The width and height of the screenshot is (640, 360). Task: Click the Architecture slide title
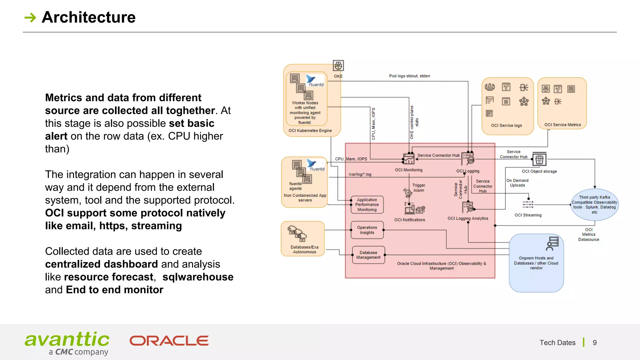89,17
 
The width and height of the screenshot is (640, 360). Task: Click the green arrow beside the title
30,17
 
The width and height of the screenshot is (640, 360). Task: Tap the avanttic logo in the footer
67,343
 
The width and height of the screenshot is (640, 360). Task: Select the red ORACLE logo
169,341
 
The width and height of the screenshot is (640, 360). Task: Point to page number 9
595,343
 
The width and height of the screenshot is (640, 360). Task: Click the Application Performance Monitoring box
367,205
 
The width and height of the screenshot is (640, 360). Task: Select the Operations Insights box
367,230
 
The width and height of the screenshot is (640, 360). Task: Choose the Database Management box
368,255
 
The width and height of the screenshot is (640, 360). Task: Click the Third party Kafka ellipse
594,205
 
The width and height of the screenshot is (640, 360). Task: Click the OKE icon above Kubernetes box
338,66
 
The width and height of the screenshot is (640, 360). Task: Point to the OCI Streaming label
528,215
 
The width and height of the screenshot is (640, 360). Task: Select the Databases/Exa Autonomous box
302,239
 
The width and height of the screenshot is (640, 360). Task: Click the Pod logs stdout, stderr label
409,76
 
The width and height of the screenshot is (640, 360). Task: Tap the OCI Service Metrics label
562,125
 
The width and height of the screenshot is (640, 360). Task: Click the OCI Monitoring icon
408,159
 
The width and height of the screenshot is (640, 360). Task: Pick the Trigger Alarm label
418,188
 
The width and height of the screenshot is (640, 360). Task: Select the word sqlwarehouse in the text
198,277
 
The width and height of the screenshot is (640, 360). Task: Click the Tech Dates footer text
557,343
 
